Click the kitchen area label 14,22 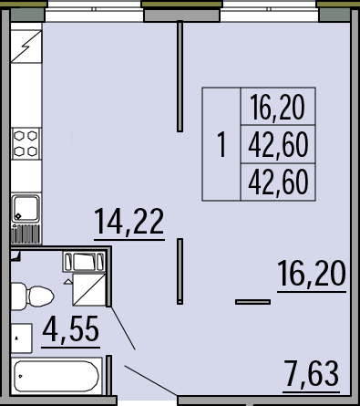click(x=129, y=222)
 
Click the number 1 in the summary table click(x=222, y=144)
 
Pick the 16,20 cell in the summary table click(x=278, y=107)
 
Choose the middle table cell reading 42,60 click(x=278, y=145)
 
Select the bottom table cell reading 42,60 click(x=278, y=182)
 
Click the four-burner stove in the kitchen click(x=26, y=143)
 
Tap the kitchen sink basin click(x=26, y=209)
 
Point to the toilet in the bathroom click(x=32, y=297)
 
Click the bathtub click(x=57, y=376)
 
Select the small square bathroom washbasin click(x=21, y=338)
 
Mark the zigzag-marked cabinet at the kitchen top click(x=26, y=47)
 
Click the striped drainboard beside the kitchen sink click(x=26, y=234)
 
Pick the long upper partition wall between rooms click(x=180, y=76)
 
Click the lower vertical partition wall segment click(x=180, y=271)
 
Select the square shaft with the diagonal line click(x=89, y=289)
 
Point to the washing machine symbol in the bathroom click(x=84, y=262)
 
